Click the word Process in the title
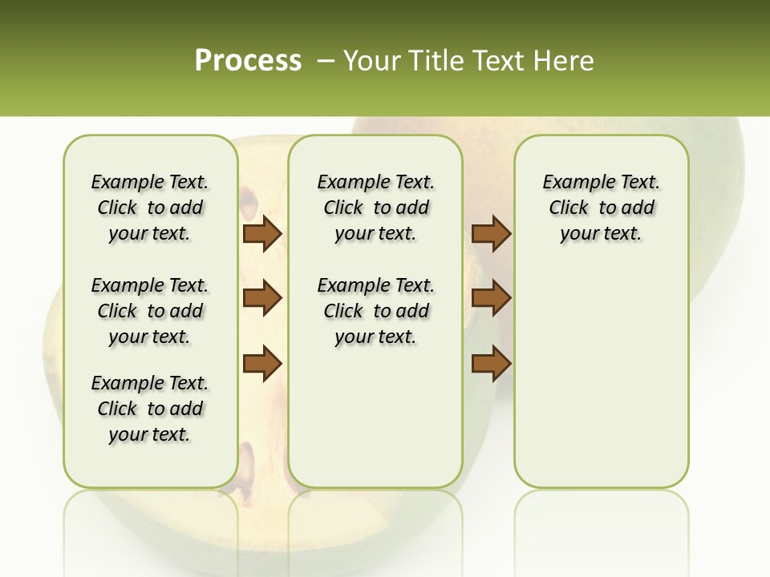[248, 60]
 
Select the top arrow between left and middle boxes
[262, 234]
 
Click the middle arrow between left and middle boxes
[262, 298]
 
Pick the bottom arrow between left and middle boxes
[262, 363]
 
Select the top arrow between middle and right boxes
[491, 234]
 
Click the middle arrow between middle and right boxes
[491, 298]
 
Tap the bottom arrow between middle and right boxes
[491, 363]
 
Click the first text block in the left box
[150, 208]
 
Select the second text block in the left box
[150, 311]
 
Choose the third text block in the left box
[150, 409]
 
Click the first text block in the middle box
[375, 208]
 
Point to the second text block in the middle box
[375, 311]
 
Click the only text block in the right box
[601, 208]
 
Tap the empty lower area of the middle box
[375, 417]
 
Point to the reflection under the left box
[151, 521]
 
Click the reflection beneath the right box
[601, 521]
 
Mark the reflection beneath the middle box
[375, 521]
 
